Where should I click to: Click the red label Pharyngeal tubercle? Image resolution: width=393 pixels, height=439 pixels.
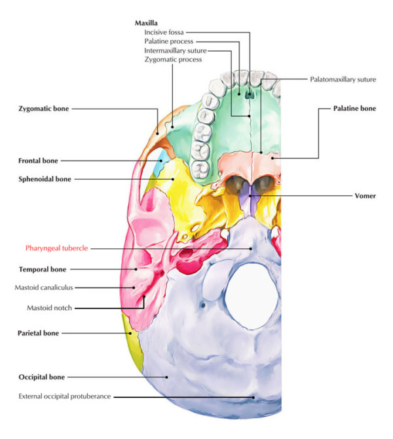tap(56, 248)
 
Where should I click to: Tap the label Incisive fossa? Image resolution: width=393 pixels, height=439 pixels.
tap(164, 31)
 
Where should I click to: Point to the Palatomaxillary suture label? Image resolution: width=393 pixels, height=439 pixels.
tap(343, 79)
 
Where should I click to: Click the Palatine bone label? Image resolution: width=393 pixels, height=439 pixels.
tap(354, 108)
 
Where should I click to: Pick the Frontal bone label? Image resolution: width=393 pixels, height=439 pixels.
tap(38, 160)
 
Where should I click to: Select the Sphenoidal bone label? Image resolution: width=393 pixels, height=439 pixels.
tap(45, 178)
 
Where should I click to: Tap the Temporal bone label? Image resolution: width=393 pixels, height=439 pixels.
tap(40, 269)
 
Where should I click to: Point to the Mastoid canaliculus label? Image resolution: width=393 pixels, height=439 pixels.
tap(45, 287)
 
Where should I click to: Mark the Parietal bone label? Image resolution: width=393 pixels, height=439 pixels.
tap(38, 333)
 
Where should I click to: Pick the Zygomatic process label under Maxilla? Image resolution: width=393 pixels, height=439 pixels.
tap(173, 60)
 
